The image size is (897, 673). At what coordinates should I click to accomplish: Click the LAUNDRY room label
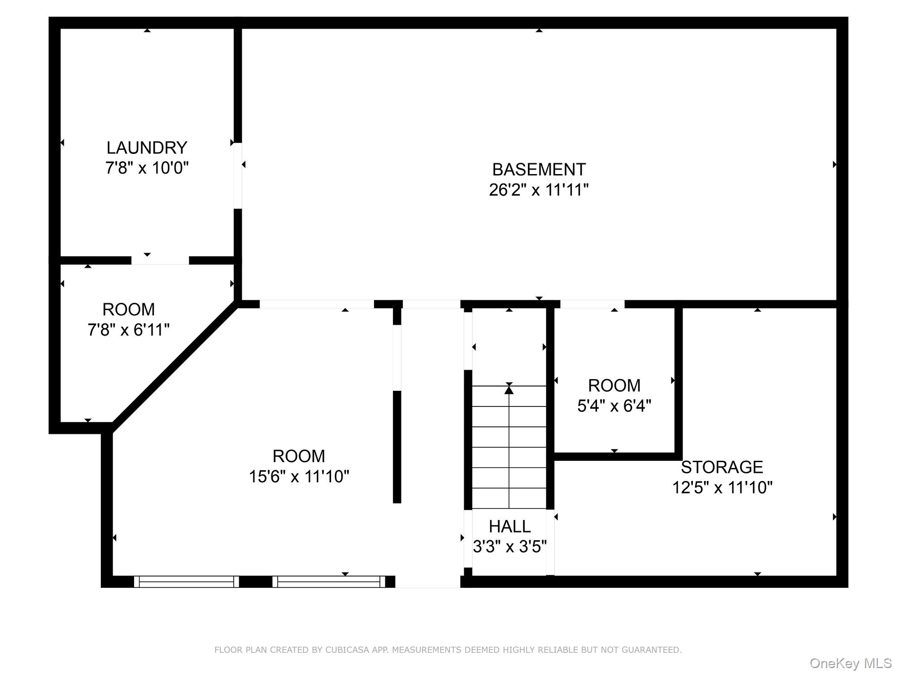tap(147, 148)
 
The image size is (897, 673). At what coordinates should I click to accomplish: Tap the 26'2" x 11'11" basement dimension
tap(538, 190)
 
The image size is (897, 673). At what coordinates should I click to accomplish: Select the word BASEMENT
tap(539, 170)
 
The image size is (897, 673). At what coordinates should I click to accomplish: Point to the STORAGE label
tap(722, 467)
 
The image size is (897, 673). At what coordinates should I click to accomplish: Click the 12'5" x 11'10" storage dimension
tap(722, 487)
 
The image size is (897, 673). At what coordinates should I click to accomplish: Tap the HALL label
tap(509, 526)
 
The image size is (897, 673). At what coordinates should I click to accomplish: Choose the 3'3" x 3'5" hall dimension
tap(509, 546)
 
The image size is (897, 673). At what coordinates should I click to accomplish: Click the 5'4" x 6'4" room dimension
tap(614, 406)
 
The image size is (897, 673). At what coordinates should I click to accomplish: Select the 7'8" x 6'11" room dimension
tap(129, 330)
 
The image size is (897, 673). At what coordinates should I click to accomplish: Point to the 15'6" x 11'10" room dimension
tap(299, 476)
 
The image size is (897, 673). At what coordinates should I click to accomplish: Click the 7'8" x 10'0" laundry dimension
tap(147, 168)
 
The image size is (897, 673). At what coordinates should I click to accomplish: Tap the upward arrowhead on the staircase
tap(509, 390)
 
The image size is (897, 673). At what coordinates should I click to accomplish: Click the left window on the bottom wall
tap(186, 581)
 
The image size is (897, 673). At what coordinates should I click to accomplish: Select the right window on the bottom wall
tap(328, 581)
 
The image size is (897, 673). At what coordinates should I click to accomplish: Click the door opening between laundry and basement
tap(238, 175)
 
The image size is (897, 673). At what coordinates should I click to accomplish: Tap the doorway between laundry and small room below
tap(160, 260)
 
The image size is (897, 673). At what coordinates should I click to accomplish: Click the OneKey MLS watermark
tap(850, 663)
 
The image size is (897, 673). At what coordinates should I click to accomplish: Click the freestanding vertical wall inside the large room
tap(397, 446)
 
